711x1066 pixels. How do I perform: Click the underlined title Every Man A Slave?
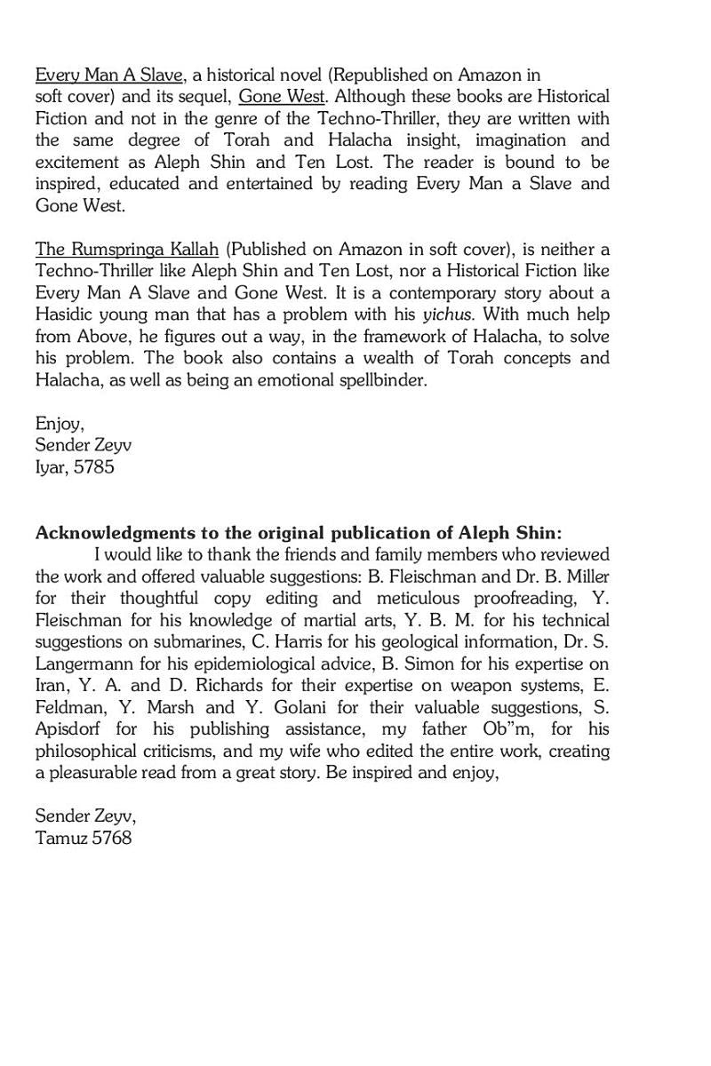tap(109, 75)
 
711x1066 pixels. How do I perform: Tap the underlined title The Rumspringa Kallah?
tap(126, 249)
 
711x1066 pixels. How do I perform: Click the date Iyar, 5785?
tap(75, 467)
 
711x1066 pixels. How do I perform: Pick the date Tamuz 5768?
tap(83, 837)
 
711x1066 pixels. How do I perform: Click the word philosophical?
tap(87, 751)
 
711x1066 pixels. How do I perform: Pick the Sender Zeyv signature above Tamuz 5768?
tap(85, 815)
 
